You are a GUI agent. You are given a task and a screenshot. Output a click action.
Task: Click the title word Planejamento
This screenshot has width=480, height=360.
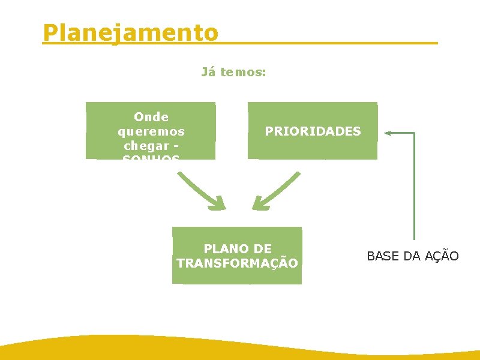pos(131,32)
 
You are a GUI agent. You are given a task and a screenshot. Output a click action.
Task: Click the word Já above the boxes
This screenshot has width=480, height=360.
pos(208,73)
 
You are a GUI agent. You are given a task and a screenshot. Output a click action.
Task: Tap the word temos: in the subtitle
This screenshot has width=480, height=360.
pos(243,73)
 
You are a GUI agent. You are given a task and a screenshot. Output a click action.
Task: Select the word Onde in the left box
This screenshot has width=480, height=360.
pos(151,117)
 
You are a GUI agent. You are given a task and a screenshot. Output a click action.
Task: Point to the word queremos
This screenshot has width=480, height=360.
pos(151,131)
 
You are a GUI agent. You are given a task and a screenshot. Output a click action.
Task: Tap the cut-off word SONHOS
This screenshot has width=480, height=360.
pos(151,157)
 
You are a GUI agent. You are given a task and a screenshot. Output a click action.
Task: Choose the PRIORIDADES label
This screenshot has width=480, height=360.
pos(313,131)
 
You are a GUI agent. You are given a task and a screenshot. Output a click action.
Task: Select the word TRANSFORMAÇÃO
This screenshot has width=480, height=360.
pos(238,263)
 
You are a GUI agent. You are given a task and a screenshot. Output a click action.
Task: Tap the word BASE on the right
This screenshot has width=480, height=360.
pos(383,256)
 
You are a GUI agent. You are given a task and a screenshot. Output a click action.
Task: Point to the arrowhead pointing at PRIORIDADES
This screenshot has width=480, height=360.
pos(389,133)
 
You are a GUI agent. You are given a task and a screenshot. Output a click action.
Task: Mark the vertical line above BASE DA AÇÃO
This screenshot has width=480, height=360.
pos(414,186)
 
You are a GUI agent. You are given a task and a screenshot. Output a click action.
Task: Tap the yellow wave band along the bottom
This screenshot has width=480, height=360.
pos(240,348)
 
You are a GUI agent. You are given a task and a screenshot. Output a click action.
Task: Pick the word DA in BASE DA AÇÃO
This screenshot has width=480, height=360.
pos(412,256)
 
